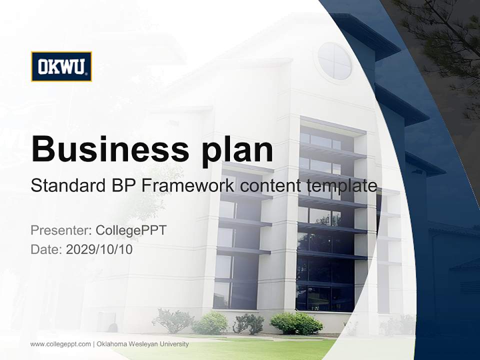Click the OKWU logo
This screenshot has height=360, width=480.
(x=61, y=66)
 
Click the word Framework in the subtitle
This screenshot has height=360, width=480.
(x=188, y=186)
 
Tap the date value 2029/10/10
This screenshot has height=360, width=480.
(x=99, y=249)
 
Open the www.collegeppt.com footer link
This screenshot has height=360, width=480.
(x=60, y=344)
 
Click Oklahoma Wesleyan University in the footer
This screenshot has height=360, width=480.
(x=142, y=344)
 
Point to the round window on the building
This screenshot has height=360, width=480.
(x=334, y=61)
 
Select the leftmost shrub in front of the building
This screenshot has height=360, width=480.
(x=172, y=320)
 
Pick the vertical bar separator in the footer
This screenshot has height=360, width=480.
(x=93, y=344)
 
